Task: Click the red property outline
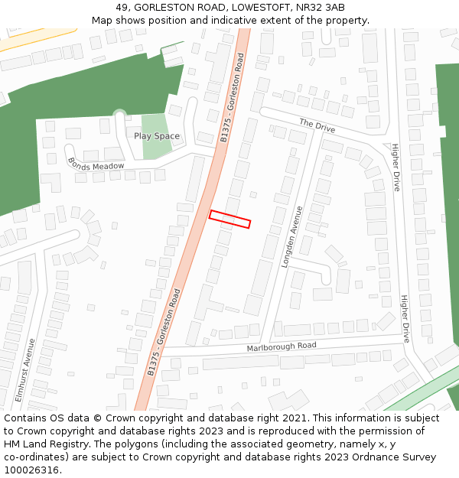(230, 219)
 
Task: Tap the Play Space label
(157, 136)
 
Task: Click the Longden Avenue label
(292, 236)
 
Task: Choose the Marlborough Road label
(282, 346)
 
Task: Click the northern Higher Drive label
(396, 167)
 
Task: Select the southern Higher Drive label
(405, 318)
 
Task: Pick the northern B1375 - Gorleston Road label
(232, 97)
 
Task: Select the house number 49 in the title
(123, 8)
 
